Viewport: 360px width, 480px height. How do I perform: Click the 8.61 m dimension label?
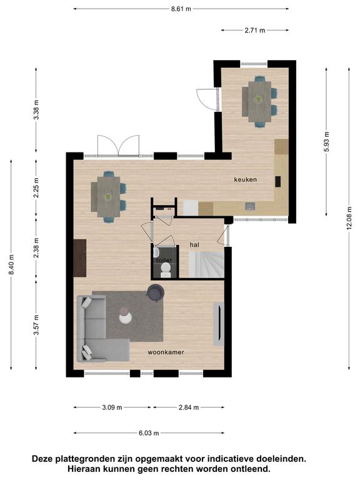(x=181, y=9)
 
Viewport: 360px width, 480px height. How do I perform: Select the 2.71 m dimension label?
(x=255, y=30)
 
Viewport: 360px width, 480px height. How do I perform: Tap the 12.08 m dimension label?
(x=349, y=218)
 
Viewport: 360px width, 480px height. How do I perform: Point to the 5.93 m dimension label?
(x=327, y=141)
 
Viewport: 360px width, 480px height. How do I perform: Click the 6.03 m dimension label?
(x=149, y=433)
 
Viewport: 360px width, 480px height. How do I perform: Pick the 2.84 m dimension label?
(x=189, y=407)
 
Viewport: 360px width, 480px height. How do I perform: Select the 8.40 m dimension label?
(x=11, y=264)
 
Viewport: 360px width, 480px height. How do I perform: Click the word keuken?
(x=246, y=179)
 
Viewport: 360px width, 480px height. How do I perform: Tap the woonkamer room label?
(x=166, y=352)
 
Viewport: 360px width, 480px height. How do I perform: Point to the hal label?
(x=194, y=244)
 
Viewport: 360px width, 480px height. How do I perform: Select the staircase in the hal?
(x=206, y=264)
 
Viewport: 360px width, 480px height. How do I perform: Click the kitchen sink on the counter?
(x=250, y=206)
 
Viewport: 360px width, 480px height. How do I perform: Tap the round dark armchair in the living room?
(x=156, y=292)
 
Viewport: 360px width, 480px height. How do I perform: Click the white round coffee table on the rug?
(x=126, y=317)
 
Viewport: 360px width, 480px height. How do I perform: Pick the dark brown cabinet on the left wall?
(x=80, y=258)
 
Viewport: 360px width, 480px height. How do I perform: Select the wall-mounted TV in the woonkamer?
(x=219, y=324)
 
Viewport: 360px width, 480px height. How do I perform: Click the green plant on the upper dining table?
(x=259, y=99)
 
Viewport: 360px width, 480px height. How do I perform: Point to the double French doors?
(x=118, y=146)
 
